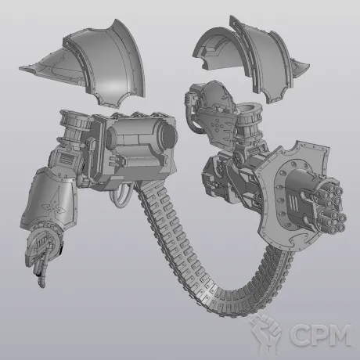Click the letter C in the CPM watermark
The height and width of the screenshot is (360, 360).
[x=300, y=335]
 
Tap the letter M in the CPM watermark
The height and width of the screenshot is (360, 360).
[x=339, y=335]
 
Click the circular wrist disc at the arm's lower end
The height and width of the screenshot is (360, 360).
[x=42, y=243]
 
